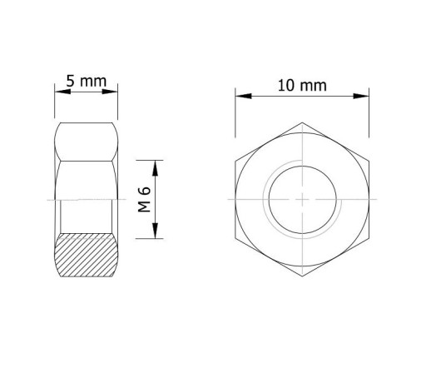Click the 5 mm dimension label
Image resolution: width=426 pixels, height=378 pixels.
87,81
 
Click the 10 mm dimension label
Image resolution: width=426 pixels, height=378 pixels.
302,86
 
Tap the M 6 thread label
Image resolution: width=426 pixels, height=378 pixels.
144,199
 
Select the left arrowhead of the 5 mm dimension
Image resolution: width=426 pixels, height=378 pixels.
62,92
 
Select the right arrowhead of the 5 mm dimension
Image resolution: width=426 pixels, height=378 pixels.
110,92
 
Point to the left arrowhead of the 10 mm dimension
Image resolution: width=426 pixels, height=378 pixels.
244,96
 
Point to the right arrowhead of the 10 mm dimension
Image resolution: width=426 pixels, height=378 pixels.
361,96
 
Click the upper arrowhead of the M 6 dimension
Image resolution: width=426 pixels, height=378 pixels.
156,168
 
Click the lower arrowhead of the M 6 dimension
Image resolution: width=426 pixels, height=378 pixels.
156,231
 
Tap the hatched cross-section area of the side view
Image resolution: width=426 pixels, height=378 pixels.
87,255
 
